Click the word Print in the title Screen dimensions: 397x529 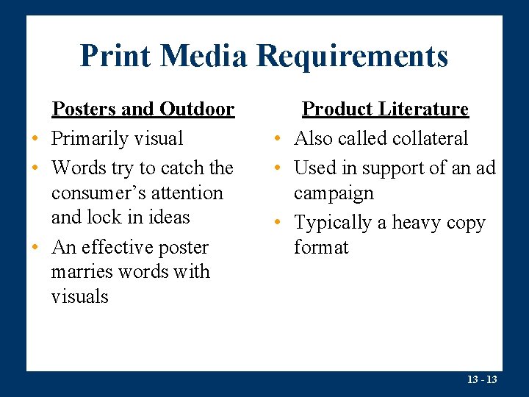(x=115, y=56)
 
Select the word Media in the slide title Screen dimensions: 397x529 (x=203, y=56)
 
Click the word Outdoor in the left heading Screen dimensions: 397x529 (x=197, y=110)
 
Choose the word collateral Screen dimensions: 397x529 (x=429, y=138)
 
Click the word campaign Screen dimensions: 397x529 (x=334, y=193)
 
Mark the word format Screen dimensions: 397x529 (x=321, y=247)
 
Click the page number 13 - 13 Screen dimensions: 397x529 (x=482, y=379)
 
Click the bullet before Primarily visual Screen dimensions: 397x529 (x=35, y=139)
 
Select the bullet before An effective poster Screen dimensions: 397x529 (x=35, y=248)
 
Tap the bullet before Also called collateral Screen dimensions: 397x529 (x=278, y=139)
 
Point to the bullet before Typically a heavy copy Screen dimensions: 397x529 (x=278, y=223)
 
